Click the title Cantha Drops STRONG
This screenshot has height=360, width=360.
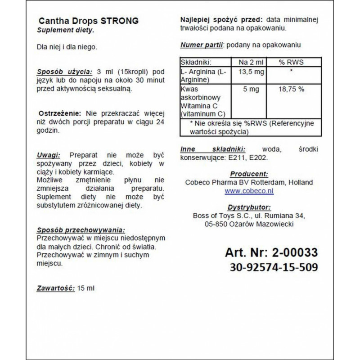(89, 21)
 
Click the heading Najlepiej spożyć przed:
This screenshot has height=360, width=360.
(221, 20)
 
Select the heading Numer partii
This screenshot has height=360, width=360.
(202, 45)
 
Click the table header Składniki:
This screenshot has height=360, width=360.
(196, 62)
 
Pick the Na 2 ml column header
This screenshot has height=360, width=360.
(247, 62)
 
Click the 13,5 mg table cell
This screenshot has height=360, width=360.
(247, 72)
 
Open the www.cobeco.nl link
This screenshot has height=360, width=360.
(249, 191)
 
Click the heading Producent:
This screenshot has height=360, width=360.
(249, 174)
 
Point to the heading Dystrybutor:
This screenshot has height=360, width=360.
(249, 207)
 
